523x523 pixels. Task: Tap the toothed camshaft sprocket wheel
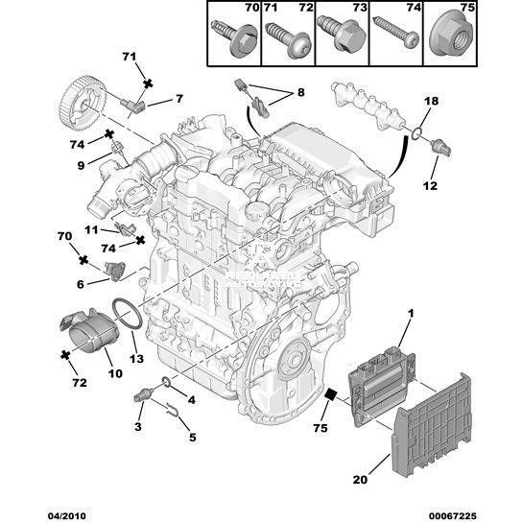pos(83,104)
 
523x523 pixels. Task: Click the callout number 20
pos(360,479)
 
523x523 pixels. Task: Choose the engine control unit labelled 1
pos(382,385)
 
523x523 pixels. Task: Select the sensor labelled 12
pos(440,147)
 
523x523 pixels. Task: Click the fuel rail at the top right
pos(368,106)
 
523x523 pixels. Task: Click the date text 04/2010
pos(66,516)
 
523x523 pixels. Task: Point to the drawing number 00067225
pos(453,516)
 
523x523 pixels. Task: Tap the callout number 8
pos(301,92)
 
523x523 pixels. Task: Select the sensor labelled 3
pos(143,394)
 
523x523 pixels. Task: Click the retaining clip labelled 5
pos(174,409)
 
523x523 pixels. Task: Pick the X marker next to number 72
pos(65,355)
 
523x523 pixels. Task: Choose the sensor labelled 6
pos(115,271)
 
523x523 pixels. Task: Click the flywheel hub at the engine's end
pos(294,360)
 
